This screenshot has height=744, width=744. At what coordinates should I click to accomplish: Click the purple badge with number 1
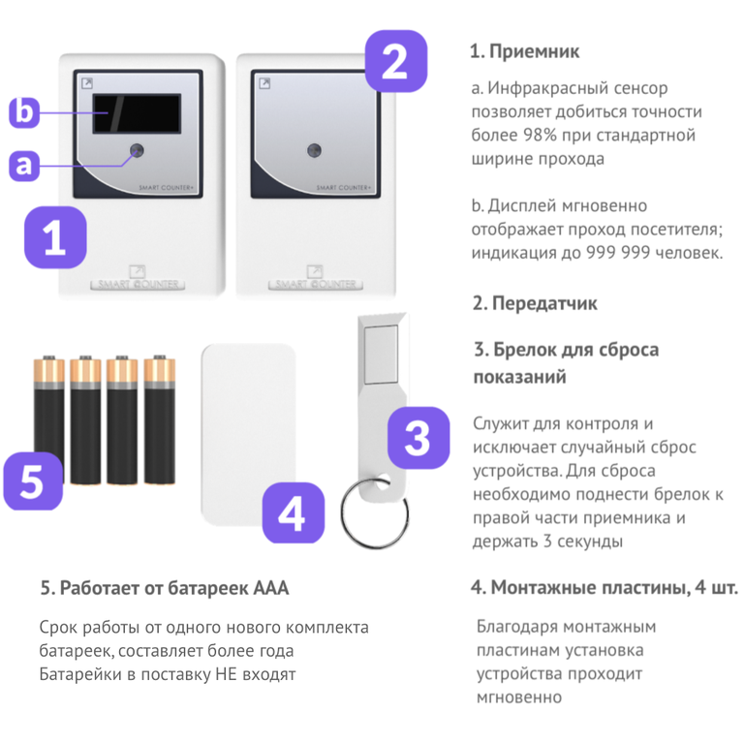tap(55, 237)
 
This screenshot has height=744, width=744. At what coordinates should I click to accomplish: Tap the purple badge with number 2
tap(395, 61)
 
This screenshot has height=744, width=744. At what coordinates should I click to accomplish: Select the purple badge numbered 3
tap(418, 438)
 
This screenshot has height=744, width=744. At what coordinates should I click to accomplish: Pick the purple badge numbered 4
tap(294, 512)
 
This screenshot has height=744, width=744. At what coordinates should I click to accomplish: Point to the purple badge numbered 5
tap(33, 480)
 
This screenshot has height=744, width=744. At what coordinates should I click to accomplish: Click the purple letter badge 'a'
tap(23, 165)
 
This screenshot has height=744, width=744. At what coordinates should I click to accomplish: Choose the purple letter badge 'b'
tap(23, 112)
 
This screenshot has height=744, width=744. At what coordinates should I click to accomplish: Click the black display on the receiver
tap(137, 113)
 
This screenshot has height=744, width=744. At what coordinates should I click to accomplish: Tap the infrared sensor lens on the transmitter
tap(314, 150)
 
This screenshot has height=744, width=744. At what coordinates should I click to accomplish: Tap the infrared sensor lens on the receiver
tap(138, 150)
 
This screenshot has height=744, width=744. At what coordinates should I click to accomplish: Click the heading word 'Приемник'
tap(535, 51)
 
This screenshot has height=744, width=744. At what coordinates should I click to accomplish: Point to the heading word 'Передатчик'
tap(544, 303)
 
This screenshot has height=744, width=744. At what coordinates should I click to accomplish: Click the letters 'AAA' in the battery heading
tap(271, 588)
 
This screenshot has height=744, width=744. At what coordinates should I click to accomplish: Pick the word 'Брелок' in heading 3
tap(524, 350)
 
